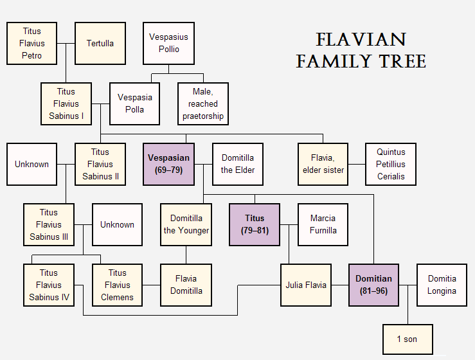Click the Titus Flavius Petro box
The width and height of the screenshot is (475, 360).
click(31, 43)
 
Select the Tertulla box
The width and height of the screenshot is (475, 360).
click(100, 43)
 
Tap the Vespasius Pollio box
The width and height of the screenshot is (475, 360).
click(168, 43)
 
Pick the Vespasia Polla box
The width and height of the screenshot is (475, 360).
click(135, 104)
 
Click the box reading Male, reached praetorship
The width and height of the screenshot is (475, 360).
click(203, 104)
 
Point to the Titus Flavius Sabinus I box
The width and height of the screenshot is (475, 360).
click(66, 104)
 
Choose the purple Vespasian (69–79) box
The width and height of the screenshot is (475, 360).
click(169, 164)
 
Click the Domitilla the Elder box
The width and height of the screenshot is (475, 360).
click(238, 164)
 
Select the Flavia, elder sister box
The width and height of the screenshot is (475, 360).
click(323, 164)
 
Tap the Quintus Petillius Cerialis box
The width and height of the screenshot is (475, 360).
click(391, 164)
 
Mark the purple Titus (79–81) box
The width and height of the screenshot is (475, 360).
click(255, 224)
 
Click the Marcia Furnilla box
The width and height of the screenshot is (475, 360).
click(323, 224)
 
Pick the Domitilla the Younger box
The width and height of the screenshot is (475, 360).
click(186, 224)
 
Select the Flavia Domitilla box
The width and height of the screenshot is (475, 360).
click(186, 285)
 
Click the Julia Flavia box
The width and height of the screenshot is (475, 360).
click(306, 285)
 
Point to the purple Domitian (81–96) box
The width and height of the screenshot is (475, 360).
click(374, 285)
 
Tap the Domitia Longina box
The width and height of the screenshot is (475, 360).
click(442, 285)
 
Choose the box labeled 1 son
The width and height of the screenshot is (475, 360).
click(408, 339)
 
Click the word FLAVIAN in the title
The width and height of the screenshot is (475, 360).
click(361, 40)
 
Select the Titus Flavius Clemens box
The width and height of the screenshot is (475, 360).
click(118, 285)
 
